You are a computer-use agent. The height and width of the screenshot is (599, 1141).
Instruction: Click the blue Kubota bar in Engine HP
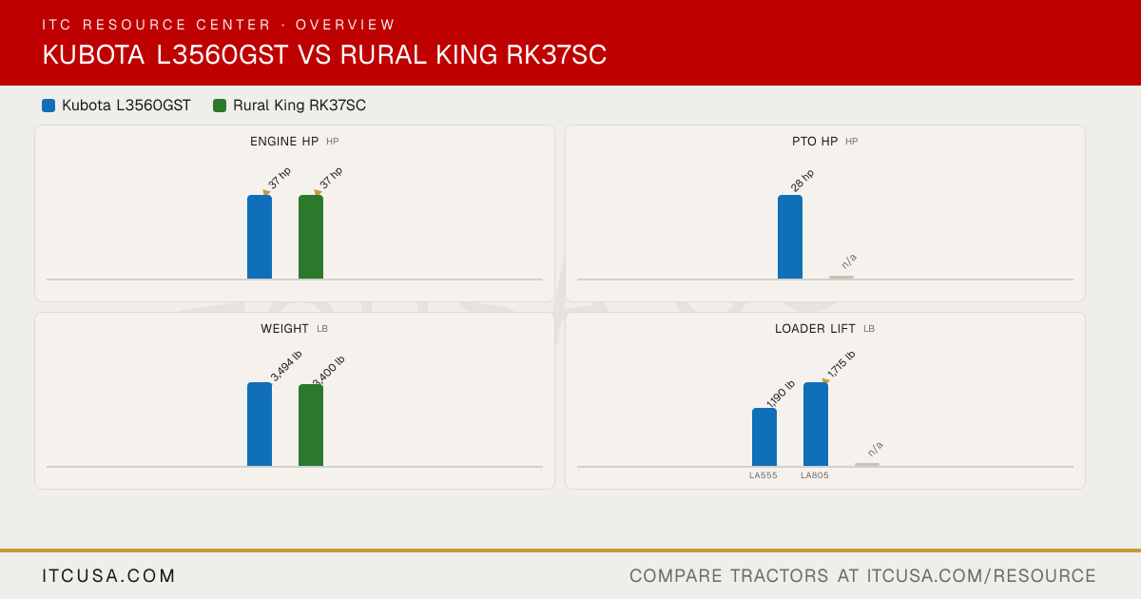pyautogui.click(x=260, y=237)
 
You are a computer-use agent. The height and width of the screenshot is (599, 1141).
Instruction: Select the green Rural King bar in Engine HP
pyautogui.click(x=311, y=237)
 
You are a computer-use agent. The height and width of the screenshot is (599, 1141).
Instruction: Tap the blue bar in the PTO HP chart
pyautogui.click(x=790, y=237)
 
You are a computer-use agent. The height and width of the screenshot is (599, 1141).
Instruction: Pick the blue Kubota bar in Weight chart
pyautogui.click(x=260, y=424)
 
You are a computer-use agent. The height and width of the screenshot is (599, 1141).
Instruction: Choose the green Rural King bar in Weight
pyautogui.click(x=311, y=425)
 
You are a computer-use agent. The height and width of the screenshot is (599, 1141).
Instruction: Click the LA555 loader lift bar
pyautogui.click(x=764, y=437)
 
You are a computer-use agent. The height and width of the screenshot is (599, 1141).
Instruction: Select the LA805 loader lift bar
pyautogui.click(x=816, y=424)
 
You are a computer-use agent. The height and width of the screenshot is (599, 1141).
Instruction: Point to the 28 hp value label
pyautogui.click(x=803, y=181)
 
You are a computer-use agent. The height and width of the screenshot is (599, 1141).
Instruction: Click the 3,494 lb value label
pyautogui.click(x=286, y=365)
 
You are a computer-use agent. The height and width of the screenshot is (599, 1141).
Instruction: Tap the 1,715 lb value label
pyautogui.click(x=841, y=364)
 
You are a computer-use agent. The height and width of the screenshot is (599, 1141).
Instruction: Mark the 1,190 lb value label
pyautogui.click(x=781, y=394)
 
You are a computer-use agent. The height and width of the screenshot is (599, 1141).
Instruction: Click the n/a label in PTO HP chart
pyautogui.click(x=849, y=261)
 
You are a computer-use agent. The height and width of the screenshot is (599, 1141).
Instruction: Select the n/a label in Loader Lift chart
pyautogui.click(x=875, y=449)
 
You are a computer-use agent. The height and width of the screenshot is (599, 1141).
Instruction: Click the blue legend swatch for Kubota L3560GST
pyautogui.click(x=48, y=106)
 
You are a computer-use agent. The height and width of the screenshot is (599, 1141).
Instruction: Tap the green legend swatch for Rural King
pyautogui.click(x=220, y=106)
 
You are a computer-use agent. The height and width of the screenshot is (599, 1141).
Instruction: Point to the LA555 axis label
pyautogui.click(x=763, y=475)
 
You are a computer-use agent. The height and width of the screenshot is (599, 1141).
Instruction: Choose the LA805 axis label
pyautogui.click(x=815, y=475)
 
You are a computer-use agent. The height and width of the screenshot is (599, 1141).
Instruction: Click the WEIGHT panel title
pyautogui.click(x=284, y=329)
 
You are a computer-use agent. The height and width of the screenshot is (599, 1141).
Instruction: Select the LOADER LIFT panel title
pyautogui.click(x=815, y=329)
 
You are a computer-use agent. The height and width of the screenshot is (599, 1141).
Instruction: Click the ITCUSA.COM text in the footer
pyautogui.click(x=108, y=575)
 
